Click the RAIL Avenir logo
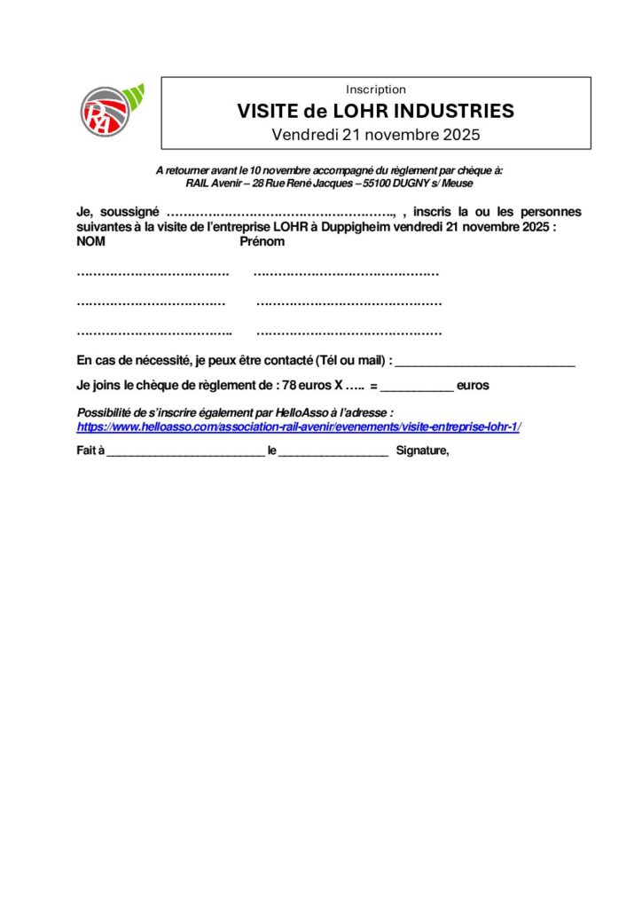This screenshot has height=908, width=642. [110, 111]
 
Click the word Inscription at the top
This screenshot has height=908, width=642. [376, 90]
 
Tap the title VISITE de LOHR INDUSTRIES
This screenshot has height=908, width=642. [375, 112]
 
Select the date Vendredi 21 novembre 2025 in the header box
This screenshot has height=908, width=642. [375, 136]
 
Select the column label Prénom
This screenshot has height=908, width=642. [262, 242]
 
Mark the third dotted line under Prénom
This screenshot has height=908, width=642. [348, 333]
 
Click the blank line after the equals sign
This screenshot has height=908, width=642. [417, 388]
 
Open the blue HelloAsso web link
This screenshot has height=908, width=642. [299, 427]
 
